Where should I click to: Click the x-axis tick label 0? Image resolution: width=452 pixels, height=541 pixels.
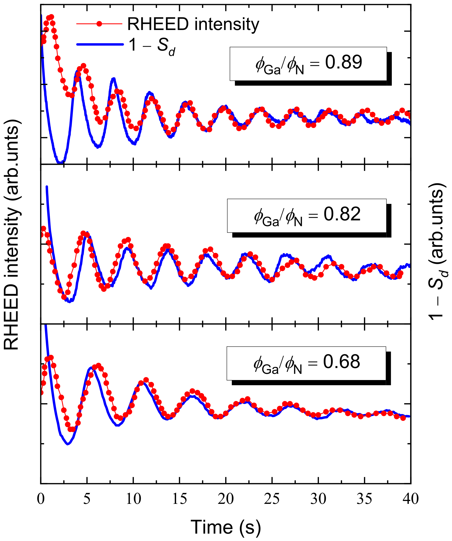[x=41, y=499]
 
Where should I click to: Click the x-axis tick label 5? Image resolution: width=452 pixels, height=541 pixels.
[x=87, y=499]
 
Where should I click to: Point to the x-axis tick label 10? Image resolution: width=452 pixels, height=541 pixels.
[x=134, y=499]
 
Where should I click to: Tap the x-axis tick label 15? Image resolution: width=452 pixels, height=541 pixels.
[x=179, y=499]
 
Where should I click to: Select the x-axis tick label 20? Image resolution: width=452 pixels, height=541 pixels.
[x=226, y=499]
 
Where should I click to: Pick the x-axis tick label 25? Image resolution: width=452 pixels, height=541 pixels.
[x=272, y=499]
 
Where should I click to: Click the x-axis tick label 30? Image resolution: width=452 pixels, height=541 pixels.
[x=318, y=499]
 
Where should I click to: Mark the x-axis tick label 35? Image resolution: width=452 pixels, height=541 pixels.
[x=364, y=499]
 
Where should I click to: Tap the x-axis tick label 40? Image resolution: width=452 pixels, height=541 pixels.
[x=411, y=499]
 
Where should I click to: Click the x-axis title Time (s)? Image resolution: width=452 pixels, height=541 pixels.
[x=226, y=527]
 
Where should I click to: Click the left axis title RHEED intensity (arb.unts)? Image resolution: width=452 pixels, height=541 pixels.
[x=12, y=235]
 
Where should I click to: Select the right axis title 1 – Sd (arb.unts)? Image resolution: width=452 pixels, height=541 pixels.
[x=437, y=251]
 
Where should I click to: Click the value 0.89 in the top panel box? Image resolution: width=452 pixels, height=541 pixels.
[x=343, y=62]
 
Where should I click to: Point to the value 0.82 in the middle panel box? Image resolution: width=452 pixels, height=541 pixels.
[x=342, y=214]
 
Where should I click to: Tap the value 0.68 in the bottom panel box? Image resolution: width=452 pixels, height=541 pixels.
[x=342, y=362]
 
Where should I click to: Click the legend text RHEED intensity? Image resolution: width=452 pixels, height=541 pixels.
[x=193, y=24]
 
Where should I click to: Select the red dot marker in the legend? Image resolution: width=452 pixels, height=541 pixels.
[x=99, y=24]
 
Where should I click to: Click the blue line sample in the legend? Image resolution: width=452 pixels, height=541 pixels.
[x=100, y=45]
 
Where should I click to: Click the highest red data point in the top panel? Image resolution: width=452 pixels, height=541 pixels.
[x=51, y=17]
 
